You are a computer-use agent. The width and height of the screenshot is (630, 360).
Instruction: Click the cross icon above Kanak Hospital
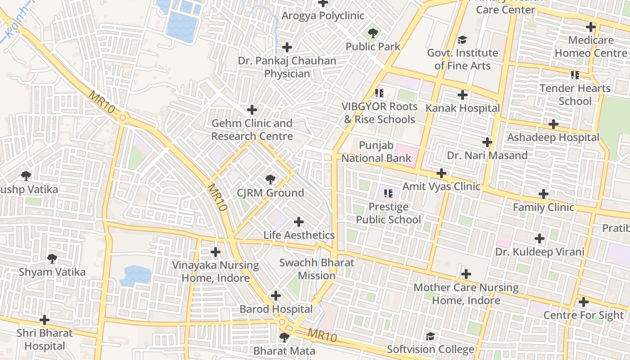[462, 95]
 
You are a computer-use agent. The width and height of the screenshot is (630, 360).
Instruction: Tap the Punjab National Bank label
[376, 152]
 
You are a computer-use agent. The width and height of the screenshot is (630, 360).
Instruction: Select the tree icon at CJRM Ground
[270, 180]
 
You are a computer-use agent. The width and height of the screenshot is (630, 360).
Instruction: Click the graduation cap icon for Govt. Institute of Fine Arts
[462, 40]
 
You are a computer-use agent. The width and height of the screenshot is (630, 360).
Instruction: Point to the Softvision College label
[431, 349]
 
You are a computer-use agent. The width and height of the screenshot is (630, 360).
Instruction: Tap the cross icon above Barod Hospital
[276, 296]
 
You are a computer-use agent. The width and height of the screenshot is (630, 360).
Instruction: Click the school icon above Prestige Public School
[388, 193]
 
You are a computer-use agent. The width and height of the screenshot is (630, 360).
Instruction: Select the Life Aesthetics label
[299, 235]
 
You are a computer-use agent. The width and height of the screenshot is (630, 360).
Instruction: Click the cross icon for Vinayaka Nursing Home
[216, 252]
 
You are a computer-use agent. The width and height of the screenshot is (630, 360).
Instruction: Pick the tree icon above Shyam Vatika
[52, 259]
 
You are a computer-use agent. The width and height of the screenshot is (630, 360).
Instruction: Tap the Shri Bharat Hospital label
[45, 339]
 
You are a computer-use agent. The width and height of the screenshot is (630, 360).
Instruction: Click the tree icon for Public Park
[373, 33]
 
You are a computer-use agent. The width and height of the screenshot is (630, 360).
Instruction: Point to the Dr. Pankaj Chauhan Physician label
[287, 67]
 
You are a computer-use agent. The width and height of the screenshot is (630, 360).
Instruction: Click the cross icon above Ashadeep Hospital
[553, 124]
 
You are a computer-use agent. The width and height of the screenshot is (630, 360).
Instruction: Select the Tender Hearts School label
[575, 94]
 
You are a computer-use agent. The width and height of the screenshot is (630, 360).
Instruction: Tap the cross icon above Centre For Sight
[584, 302]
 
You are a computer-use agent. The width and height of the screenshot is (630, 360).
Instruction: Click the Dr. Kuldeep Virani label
[540, 252]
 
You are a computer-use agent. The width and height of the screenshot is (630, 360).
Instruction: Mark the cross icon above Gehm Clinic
[252, 110]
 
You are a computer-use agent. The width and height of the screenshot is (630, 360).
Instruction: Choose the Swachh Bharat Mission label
[316, 269]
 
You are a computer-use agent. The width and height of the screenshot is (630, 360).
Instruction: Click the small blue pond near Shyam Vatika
[135, 274]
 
